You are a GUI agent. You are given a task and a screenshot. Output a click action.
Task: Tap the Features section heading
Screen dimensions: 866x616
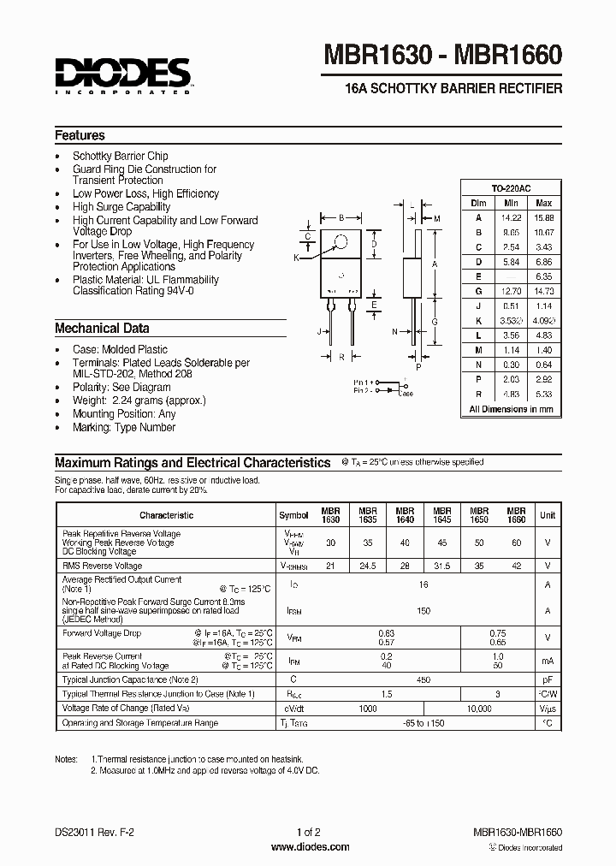tap(80, 135)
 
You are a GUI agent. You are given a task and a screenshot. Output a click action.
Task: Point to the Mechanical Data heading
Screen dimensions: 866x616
tap(102, 329)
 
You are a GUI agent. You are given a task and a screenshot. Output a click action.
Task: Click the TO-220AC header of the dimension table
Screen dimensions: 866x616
tap(511, 188)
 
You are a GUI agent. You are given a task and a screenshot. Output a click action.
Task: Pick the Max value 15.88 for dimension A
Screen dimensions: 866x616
tap(543, 217)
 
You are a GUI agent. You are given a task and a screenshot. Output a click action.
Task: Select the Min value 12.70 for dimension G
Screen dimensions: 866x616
tap(511, 291)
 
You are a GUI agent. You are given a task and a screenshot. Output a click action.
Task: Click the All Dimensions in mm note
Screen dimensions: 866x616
tap(511, 410)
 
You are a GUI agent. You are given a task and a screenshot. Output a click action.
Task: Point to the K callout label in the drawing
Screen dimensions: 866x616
tap(297, 258)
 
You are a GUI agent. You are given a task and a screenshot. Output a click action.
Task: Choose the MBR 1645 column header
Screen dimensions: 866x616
tap(442, 514)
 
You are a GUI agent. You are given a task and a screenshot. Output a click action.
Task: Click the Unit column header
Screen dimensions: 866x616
tap(548, 515)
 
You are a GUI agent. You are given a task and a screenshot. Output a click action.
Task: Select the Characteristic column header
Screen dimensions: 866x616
tap(166, 515)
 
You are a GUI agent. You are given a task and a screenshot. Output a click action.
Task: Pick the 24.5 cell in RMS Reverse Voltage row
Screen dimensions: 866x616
tap(368, 566)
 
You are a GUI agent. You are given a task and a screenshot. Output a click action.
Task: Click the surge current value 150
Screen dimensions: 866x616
tap(423, 612)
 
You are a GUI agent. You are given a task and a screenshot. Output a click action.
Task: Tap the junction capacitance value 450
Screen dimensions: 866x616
tap(423, 679)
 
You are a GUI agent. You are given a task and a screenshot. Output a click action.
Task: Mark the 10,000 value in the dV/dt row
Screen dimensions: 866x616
tap(480, 709)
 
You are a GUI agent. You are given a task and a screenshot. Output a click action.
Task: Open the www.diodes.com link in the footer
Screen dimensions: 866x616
tap(309, 847)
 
